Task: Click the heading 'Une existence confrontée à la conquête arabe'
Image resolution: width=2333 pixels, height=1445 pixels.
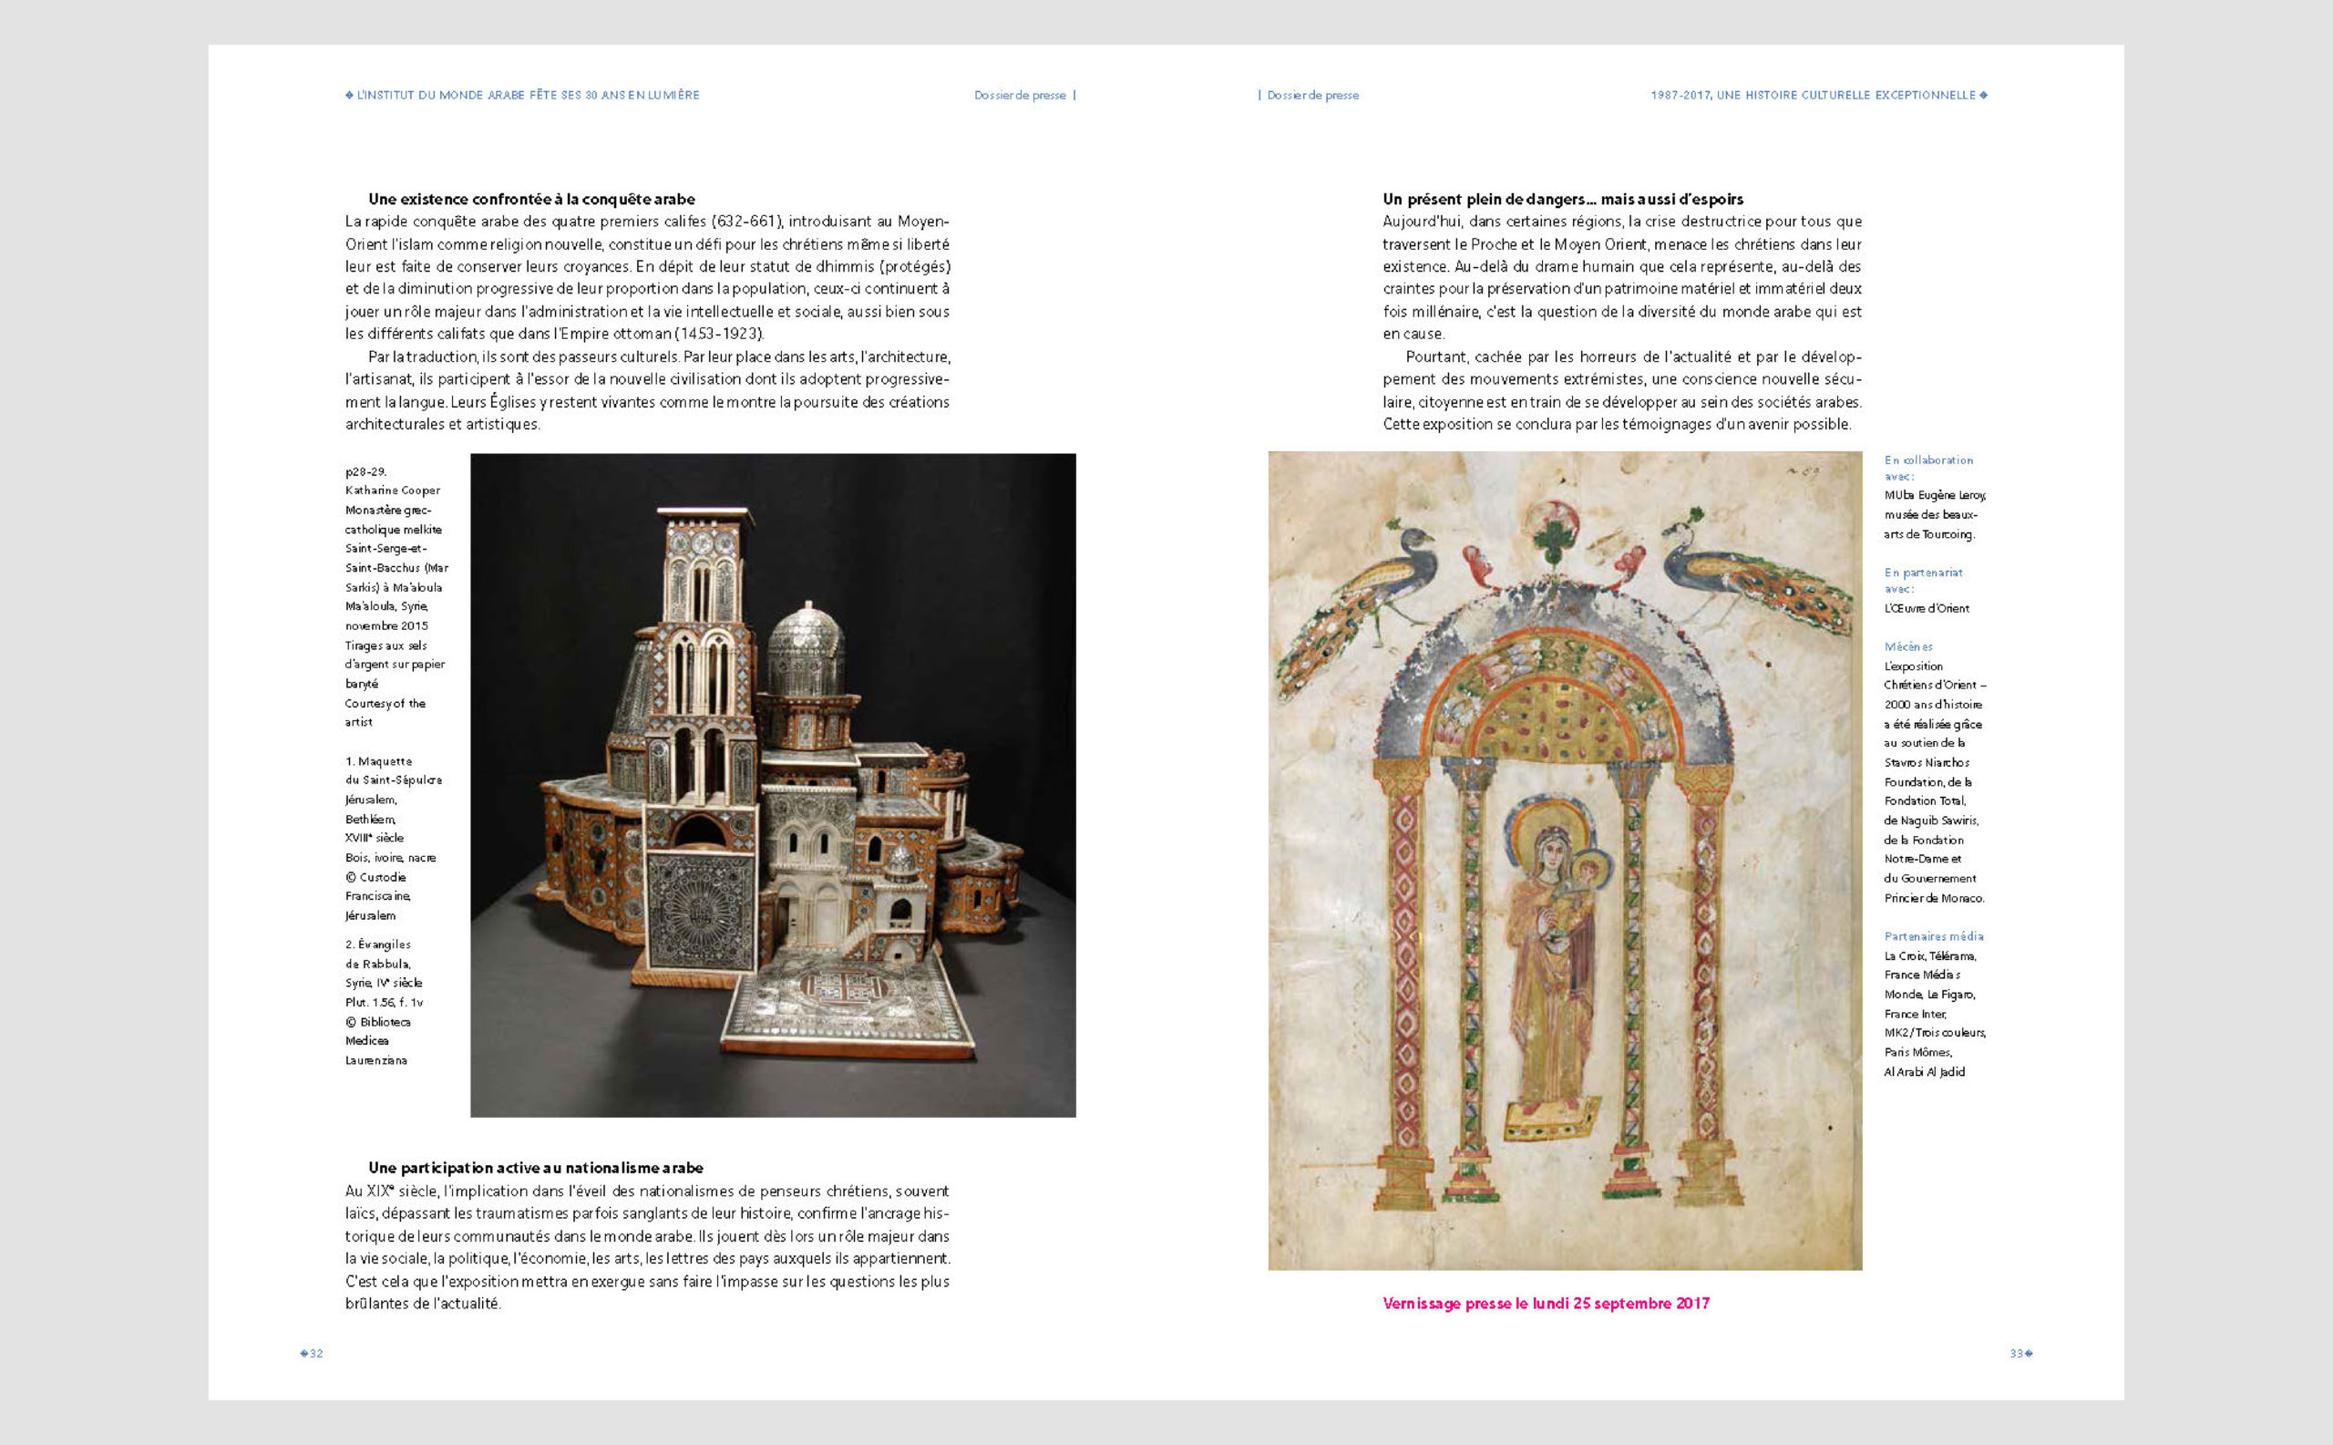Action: click(531, 199)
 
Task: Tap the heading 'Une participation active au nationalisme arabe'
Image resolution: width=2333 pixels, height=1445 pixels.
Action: click(535, 1168)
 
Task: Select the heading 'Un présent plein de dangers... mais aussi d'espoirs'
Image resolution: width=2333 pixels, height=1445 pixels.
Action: click(1563, 199)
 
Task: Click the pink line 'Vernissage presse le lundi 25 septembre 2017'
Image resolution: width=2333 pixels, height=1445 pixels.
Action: click(1546, 1304)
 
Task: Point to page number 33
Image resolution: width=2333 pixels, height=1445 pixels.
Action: click(2017, 1353)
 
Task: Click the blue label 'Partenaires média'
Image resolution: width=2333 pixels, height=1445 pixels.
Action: click(1933, 936)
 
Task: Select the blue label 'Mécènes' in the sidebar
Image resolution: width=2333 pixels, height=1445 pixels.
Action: click(1907, 647)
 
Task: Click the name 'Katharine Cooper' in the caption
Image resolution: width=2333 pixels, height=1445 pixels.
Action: click(393, 490)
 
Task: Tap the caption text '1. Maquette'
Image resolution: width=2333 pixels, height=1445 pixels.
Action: click(378, 761)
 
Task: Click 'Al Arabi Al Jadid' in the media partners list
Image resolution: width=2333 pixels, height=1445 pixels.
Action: click(1924, 1072)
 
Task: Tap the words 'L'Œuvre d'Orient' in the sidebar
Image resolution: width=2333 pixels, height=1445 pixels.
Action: click(1926, 609)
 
